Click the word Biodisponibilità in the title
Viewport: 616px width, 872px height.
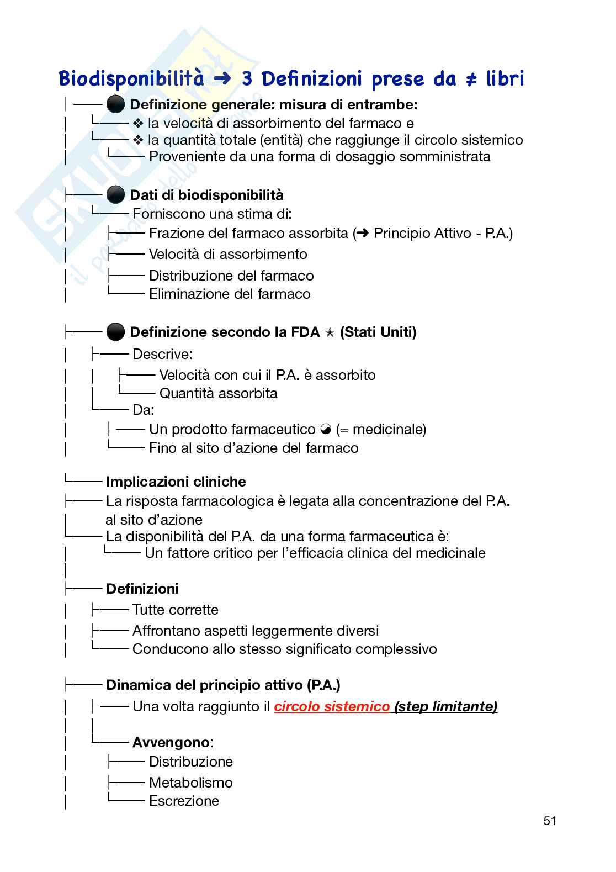pyautogui.click(x=131, y=79)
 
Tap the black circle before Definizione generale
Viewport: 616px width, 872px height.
pyautogui.click(x=115, y=104)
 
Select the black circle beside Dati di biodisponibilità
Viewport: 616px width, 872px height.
pyautogui.click(x=115, y=195)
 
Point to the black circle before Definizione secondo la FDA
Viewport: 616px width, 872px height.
pyautogui.click(x=115, y=332)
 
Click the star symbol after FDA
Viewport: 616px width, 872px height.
pyautogui.click(x=330, y=332)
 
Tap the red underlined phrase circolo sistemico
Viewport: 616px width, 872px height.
pyautogui.click(x=332, y=706)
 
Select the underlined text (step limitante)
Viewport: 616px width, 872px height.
pyautogui.click(x=446, y=706)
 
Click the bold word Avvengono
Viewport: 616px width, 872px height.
pyautogui.click(x=171, y=742)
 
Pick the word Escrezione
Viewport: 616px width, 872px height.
pyautogui.click(x=184, y=801)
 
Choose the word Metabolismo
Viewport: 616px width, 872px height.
pyautogui.click(x=190, y=783)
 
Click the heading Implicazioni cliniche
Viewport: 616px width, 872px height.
pyautogui.click(x=176, y=482)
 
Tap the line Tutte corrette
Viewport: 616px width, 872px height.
pyautogui.click(x=175, y=610)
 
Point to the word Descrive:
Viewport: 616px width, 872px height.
pyautogui.click(x=162, y=354)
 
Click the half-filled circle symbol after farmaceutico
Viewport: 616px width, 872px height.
pyautogui.click(x=326, y=429)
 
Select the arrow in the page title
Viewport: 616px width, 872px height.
pyautogui.click(x=222, y=80)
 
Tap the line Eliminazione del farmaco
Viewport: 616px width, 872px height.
pyautogui.click(x=230, y=294)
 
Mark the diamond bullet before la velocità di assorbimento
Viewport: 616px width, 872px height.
pyautogui.click(x=138, y=123)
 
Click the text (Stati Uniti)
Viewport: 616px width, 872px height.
pyautogui.click(x=378, y=332)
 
